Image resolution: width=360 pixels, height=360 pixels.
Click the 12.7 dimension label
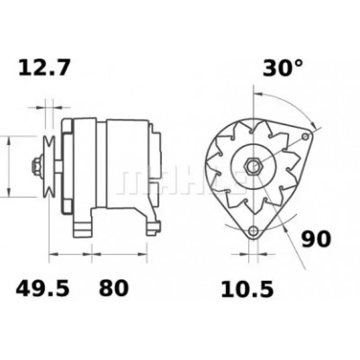(44, 67)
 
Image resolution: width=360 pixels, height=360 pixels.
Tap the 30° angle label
(283, 67)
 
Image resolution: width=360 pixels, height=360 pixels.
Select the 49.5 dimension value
(42, 288)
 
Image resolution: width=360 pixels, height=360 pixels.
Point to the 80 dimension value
(113, 288)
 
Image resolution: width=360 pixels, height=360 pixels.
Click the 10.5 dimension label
(247, 290)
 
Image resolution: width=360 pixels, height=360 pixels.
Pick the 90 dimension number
(316, 239)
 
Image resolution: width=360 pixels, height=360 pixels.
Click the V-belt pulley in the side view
(49, 166)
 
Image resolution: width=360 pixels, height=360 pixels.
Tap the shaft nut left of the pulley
(37, 166)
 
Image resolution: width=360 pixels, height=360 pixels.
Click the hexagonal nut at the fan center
(254, 165)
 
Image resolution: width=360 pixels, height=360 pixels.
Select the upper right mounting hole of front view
(305, 137)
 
